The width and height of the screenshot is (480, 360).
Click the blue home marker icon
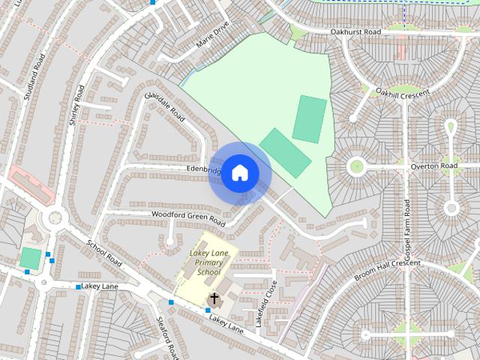(239, 173)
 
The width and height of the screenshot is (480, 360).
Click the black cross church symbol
(214, 298)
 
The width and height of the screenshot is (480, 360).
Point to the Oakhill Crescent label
(403, 94)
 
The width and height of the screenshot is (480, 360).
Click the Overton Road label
(438, 165)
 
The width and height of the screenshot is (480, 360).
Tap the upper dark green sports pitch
(309, 118)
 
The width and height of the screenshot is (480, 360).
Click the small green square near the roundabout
(30, 258)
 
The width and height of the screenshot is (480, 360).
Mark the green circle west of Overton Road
(355, 166)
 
